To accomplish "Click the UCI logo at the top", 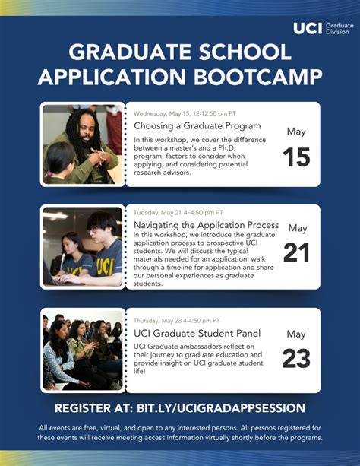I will click(308, 28).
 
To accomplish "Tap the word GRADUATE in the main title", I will click(125, 52).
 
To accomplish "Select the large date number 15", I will click(296, 157).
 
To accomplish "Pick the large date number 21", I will click(296, 252).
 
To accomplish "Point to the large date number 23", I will click(296, 358).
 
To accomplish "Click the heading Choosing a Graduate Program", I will click(197, 125).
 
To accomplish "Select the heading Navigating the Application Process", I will click(206, 226).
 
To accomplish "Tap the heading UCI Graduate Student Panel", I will click(197, 333).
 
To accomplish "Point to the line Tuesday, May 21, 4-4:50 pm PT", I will click(178, 213).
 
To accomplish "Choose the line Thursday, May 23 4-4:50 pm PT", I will click(177, 320).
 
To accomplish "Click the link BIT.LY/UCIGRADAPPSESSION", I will click(231, 408).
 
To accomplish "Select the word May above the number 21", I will click(297, 228).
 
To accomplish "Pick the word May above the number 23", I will click(296, 334).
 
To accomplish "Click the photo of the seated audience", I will click(82, 349).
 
